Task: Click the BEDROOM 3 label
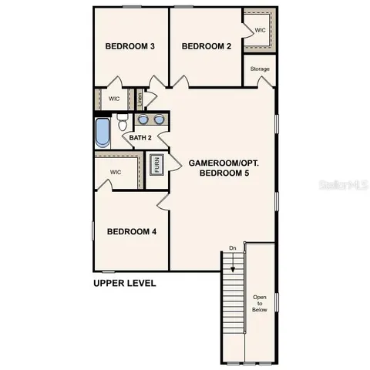coord(130,47)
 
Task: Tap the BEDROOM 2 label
coord(207,47)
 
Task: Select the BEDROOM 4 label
coord(132,231)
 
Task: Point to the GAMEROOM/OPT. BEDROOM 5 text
coord(224,168)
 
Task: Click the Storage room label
coord(260,69)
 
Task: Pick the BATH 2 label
coord(140,138)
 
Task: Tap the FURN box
coord(157,164)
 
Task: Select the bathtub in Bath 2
coord(103,132)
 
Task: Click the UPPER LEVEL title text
coord(124,283)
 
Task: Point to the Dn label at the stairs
coord(232,248)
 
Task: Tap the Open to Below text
coord(260,303)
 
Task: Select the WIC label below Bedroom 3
coord(113,99)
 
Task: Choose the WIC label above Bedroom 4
coord(116,172)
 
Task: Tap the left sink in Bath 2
coord(143,120)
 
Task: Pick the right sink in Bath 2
coord(159,120)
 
